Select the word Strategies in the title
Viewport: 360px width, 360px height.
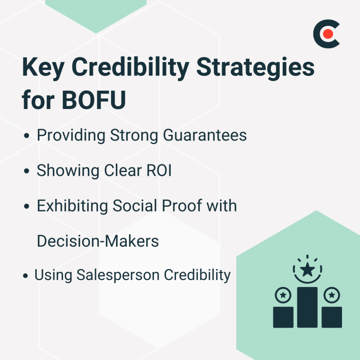[256, 68]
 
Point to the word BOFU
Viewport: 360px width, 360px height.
[94, 101]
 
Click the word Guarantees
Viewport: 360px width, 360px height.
[205, 135]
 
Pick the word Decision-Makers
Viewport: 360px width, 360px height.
[98, 241]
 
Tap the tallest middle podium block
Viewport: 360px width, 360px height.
[307, 307]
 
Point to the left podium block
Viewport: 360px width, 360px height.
[283, 317]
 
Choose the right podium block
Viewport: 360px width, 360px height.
[332, 317]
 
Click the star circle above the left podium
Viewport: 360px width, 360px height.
[283, 295]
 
